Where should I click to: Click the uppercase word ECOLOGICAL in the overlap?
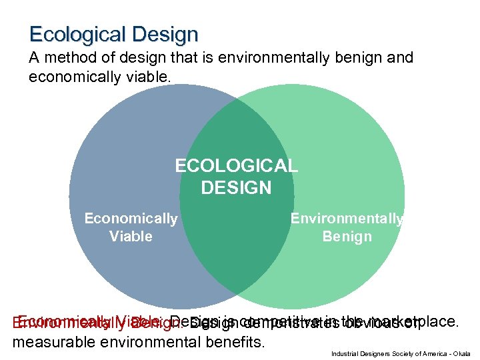236,165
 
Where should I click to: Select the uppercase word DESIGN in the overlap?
236,188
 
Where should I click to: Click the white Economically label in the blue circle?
131,219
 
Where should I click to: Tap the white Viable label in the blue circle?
131,237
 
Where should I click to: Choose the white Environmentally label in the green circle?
347,219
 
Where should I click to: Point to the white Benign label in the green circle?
347,237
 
